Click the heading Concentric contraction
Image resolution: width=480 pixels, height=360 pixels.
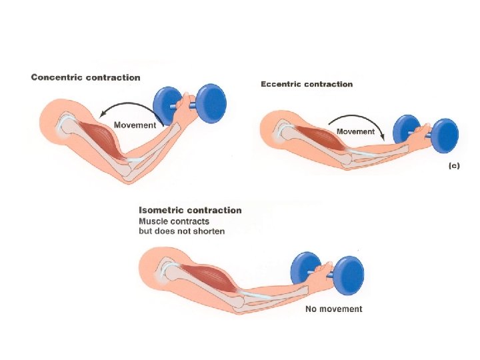(85, 77)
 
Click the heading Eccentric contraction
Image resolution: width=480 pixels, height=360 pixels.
(306, 84)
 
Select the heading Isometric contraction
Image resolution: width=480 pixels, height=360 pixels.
(190, 210)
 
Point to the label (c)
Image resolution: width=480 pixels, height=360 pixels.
(453, 166)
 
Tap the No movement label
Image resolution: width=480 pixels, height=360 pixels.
(333, 309)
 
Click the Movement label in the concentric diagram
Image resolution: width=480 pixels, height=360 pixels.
(135, 125)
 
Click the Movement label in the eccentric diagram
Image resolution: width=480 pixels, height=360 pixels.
(355, 131)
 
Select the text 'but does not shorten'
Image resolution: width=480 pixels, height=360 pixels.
(181, 231)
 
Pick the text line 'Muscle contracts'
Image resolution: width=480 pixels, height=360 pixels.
(173, 221)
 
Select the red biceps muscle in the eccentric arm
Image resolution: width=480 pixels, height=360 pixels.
(313, 137)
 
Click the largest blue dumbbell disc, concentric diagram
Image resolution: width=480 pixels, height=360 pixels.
(207, 103)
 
